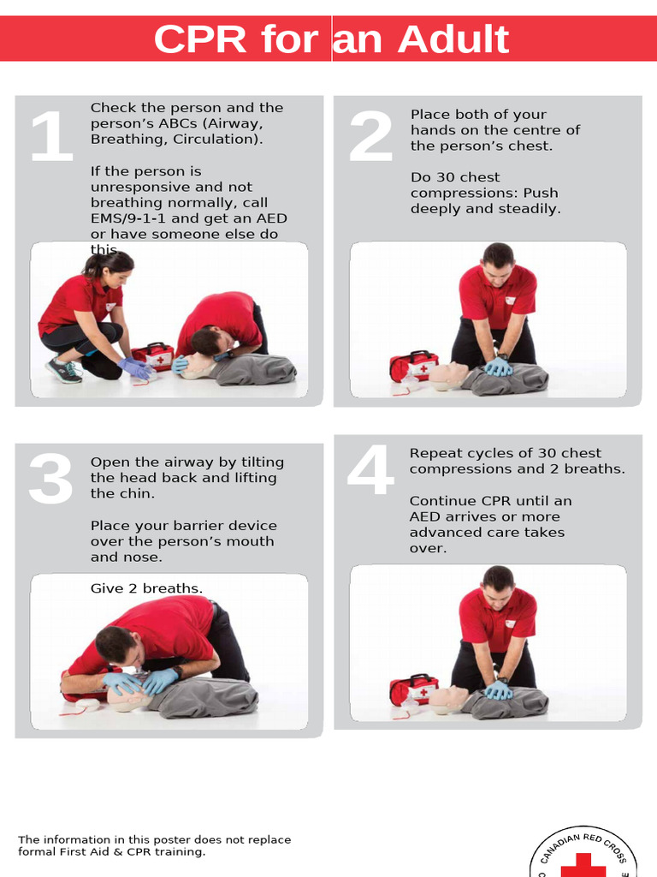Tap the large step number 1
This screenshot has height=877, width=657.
(50, 137)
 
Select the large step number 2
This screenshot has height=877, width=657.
(371, 137)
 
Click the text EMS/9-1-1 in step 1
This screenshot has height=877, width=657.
(132, 218)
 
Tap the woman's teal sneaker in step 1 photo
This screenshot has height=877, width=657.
(63, 369)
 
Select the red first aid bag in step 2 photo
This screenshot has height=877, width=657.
(413, 366)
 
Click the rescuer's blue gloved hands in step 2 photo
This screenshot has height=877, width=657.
(498, 367)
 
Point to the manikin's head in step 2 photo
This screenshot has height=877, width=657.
(447, 375)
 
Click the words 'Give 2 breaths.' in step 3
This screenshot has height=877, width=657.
(146, 588)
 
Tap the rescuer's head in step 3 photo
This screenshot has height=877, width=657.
(115, 644)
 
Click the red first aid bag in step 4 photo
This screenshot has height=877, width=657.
(413, 689)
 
